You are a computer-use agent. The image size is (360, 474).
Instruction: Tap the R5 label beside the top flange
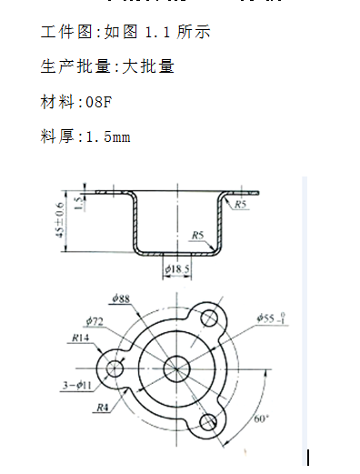241,206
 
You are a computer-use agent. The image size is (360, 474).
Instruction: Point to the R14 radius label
81,338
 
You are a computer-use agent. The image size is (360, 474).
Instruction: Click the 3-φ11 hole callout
76,387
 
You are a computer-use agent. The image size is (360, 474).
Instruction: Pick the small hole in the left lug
115,368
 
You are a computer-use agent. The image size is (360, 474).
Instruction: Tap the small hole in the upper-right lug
208,317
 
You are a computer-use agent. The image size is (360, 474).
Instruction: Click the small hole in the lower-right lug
208,420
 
